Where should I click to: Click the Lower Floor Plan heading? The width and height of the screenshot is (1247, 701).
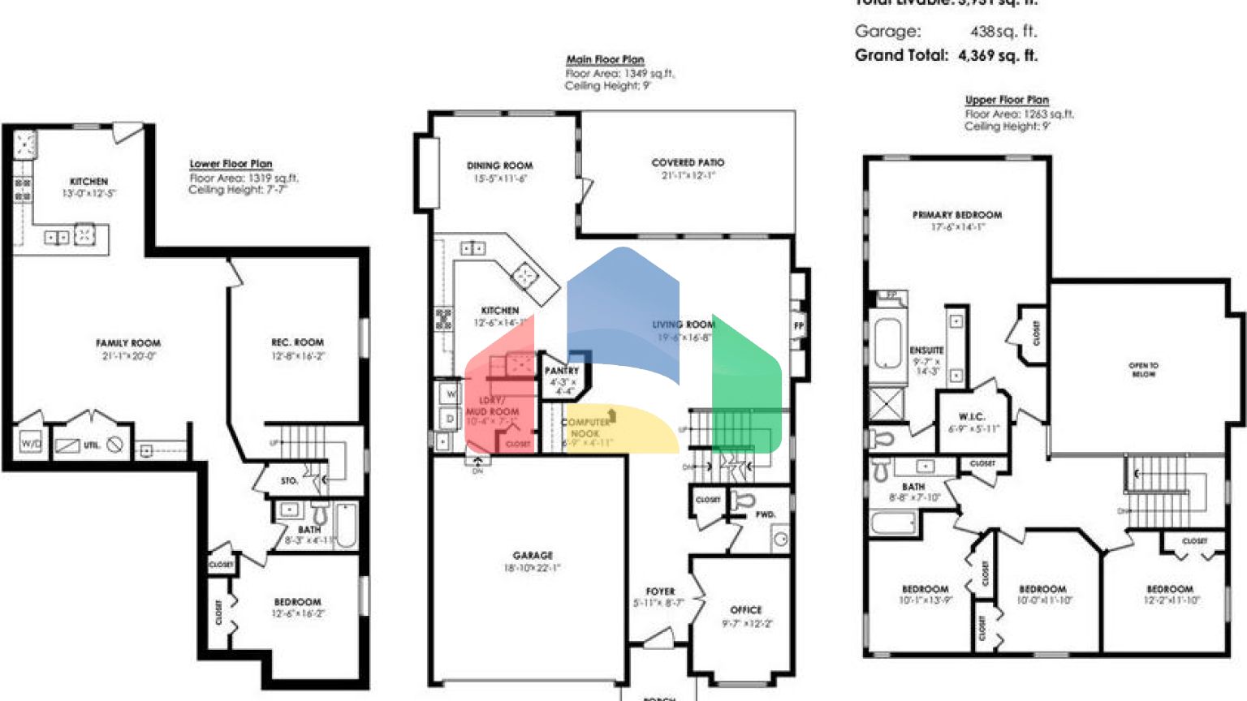click(x=231, y=164)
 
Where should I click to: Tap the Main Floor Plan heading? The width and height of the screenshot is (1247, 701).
click(x=605, y=59)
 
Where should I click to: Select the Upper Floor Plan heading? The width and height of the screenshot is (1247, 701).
click(x=1007, y=100)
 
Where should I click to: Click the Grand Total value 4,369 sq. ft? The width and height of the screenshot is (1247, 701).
click(x=997, y=56)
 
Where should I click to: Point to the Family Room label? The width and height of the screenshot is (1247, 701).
click(x=128, y=343)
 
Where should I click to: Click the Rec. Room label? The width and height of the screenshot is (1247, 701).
click(x=297, y=342)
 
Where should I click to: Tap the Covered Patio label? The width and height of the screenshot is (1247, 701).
click(x=688, y=163)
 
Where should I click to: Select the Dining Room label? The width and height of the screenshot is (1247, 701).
click(x=499, y=166)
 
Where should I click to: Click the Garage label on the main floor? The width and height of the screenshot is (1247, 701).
click(x=533, y=556)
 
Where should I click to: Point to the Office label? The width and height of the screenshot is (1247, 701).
click(x=746, y=610)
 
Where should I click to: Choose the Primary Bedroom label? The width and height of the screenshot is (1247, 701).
click(x=957, y=215)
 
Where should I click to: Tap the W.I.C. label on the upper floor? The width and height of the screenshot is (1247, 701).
click(x=972, y=417)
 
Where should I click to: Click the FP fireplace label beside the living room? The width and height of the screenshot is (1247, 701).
click(x=799, y=326)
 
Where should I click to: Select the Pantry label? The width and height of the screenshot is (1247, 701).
click(x=562, y=371)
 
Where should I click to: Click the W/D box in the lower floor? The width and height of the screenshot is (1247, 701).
click(x=31, y=444)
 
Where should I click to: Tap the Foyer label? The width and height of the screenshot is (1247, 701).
click(x=660, y=591)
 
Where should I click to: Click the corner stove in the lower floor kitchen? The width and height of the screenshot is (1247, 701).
click(x=25, y=144)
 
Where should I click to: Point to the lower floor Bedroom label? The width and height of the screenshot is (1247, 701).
click(x=297, y=602)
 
